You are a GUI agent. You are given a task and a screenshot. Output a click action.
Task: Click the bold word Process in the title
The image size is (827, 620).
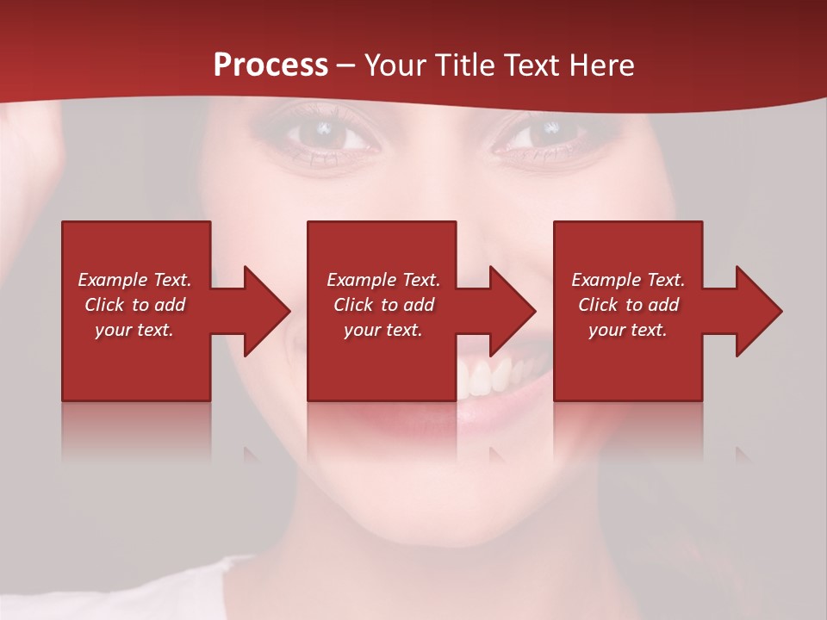tap(270, 65)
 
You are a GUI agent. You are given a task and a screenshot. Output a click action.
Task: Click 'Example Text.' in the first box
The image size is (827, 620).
tap(134, 280)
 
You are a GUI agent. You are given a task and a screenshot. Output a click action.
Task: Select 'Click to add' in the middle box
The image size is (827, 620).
tap(383, 305)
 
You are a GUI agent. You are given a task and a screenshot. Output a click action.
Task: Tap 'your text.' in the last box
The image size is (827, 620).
tap(628, 330)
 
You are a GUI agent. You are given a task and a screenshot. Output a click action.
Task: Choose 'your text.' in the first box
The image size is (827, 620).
tap(134, 330)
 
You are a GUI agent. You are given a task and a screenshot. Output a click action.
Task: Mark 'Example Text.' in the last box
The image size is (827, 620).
tap(628, 280)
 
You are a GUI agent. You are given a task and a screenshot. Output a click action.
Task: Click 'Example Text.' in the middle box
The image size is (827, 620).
tap(383, 280)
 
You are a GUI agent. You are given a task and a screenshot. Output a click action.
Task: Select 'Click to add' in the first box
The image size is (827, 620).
tap(134, 305)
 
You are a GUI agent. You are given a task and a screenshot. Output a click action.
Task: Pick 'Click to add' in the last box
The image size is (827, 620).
tap(628, 305)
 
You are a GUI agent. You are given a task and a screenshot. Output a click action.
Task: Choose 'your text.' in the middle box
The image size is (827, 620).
tap(383, 330)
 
